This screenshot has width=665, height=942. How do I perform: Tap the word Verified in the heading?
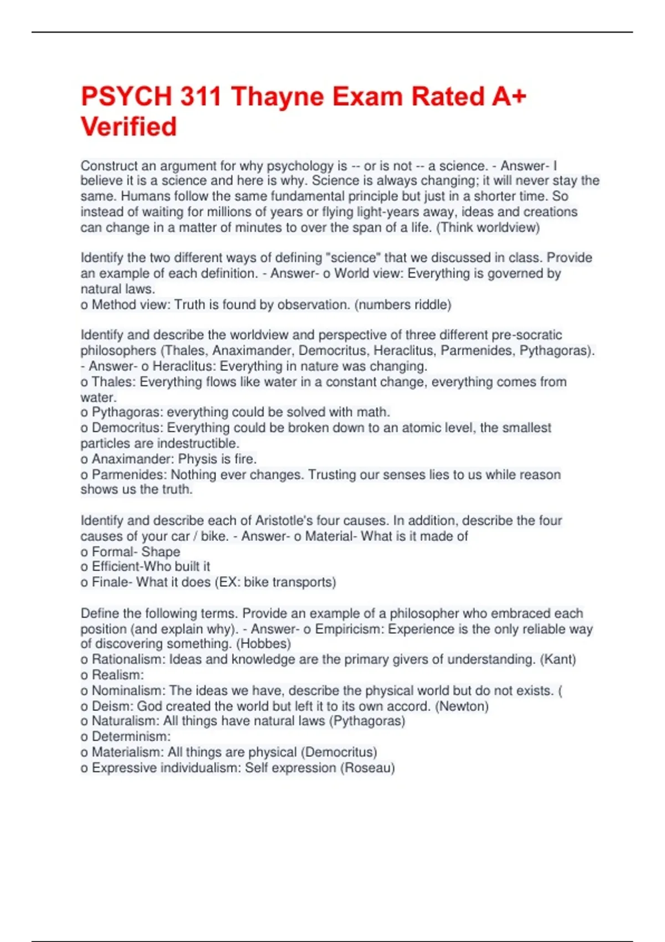[x=129, y=127]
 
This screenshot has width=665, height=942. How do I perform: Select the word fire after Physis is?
[x=245, y=459]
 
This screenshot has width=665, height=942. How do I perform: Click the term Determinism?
[x=131, y=736]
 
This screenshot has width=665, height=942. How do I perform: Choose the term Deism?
[x=113, y=706]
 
